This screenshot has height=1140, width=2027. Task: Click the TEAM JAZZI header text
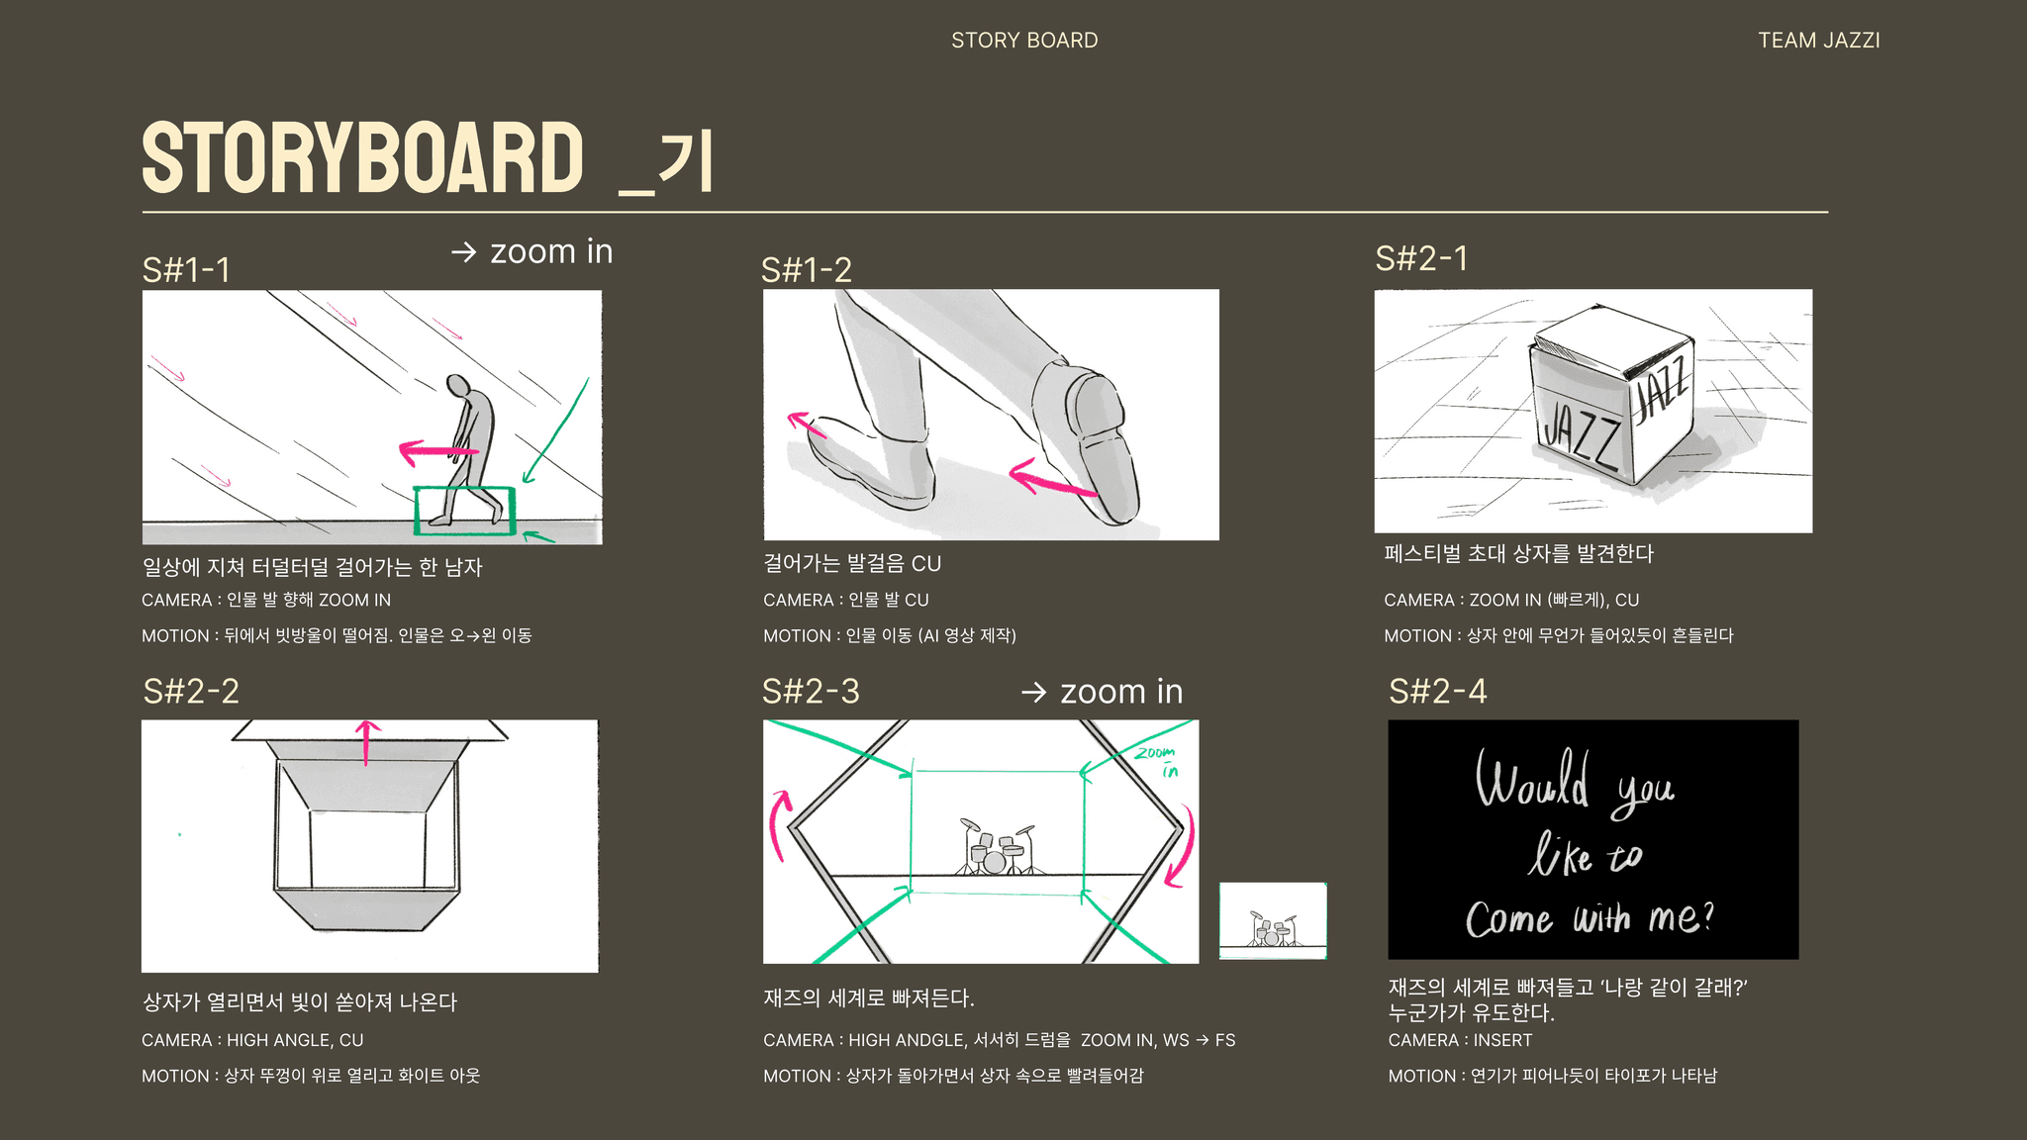pyautogui.click(x=1818, y=41)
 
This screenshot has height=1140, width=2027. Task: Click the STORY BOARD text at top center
pyautogui.click(x=1024, y=41)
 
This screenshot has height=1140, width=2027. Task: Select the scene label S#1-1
pyautogui.click(x=186, y=270)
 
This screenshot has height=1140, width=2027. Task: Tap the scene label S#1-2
pyautogui.click(x=806, y=270)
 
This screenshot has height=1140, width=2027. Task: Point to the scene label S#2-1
pyautogui.click(x=1421, y=258)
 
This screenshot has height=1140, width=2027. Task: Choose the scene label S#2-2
pyautogui.click(x=191, y=691)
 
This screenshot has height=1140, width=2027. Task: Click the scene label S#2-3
pyautogui.click(x=811, y=691)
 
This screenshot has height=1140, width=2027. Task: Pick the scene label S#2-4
pyautogui.click(x=1437, y=691)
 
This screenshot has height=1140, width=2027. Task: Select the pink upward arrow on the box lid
pyautogui.click(x=367, y=743)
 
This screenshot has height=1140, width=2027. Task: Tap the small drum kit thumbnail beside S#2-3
pyautogui.click(x=1273, y=921)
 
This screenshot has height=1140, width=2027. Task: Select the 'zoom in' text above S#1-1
pyautogui.click(x=551, y=251)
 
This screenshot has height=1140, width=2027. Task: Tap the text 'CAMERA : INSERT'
pyautogui.click(x=1460, y=1040)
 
